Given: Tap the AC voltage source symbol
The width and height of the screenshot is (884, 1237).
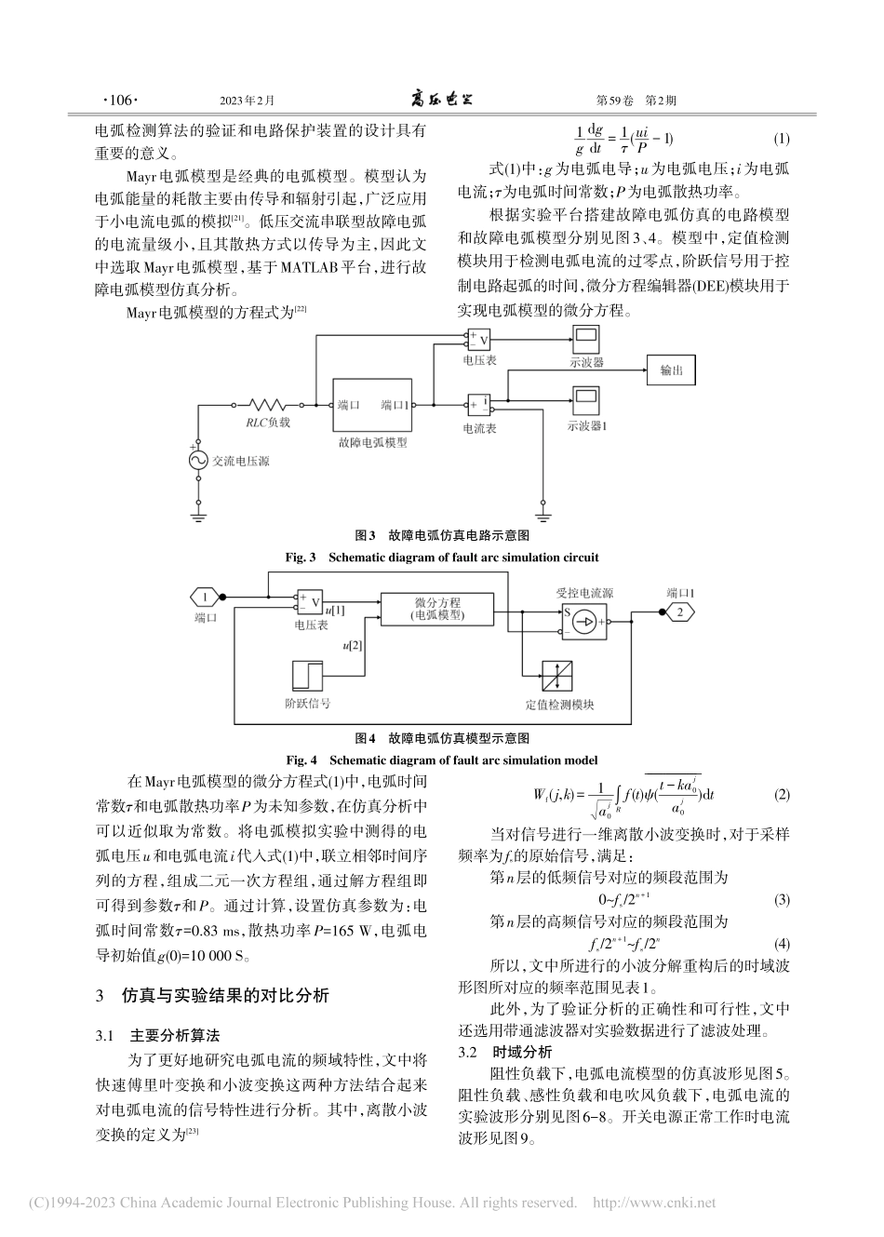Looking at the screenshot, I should coord(198,460).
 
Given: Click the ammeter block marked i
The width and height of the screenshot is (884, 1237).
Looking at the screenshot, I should coord(478,405).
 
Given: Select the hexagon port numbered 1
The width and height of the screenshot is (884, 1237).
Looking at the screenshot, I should coord(204,597).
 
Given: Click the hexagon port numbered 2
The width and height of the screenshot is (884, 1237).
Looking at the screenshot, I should coord(679,612).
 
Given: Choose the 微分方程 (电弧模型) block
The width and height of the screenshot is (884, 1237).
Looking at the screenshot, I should coord(437,609).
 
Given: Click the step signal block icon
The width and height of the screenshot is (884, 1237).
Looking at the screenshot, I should coord(306,674).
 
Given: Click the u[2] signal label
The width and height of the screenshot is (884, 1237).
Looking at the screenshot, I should coord(353,645).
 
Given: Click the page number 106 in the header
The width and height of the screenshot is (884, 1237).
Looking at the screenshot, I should coord(118,100).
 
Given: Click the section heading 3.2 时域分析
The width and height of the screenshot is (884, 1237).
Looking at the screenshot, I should coord(506,1052).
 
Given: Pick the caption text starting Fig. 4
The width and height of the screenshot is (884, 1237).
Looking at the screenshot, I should coord(441,760).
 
